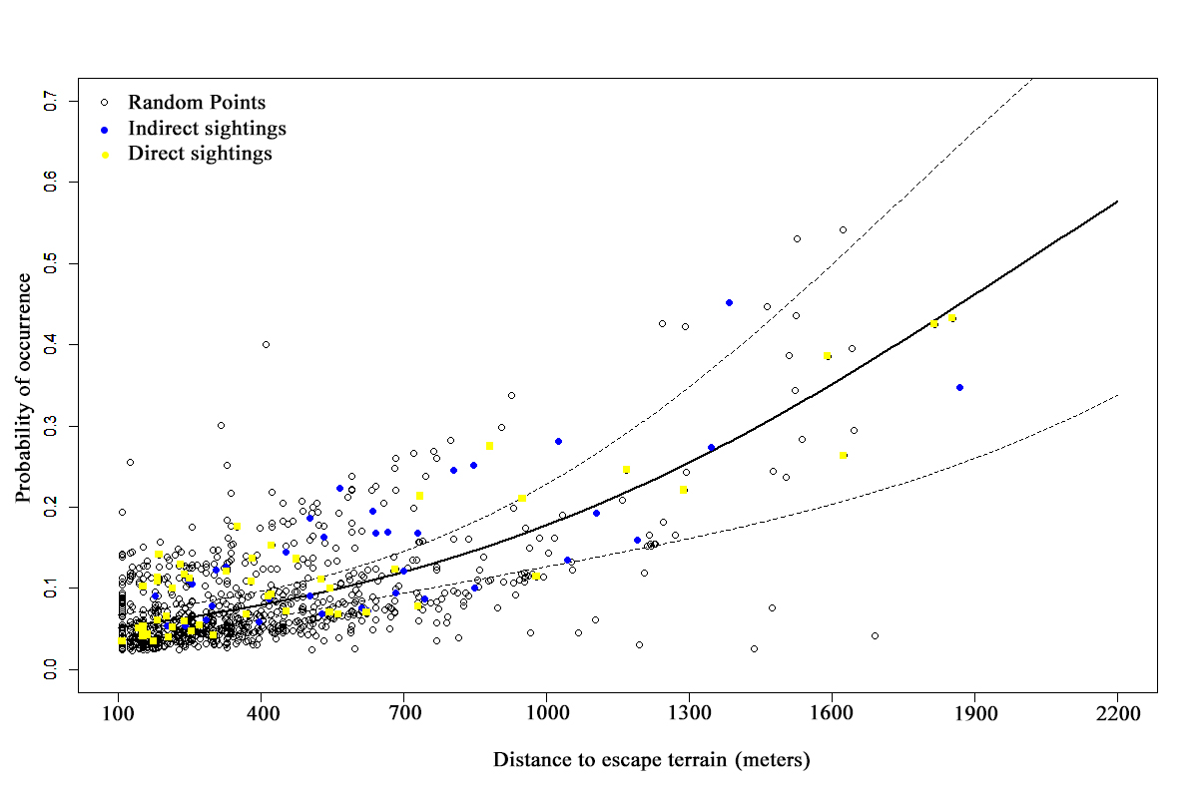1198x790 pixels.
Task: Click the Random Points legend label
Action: coord(197,102)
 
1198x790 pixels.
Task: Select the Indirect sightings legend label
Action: coord(207,128)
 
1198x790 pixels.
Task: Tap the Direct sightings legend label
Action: coord(200,154)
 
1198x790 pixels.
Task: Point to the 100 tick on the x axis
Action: coord(119,715)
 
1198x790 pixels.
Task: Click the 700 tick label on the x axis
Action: coord(689,715)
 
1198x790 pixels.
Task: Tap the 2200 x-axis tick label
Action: coord(1117,715)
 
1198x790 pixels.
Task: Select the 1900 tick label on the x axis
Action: coord(974,715)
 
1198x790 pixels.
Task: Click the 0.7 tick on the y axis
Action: coord(52,101)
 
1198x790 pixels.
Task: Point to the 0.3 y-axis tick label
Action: coord(52,426)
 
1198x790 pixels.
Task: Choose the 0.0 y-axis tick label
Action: coord(52,669)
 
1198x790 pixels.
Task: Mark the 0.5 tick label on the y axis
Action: coord(52,263)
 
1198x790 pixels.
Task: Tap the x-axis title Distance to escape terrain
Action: coord(651,760)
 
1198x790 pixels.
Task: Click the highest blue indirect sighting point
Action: coord(729,302)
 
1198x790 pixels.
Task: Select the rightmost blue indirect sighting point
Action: coord(959,387)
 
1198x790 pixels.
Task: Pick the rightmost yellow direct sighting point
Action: coord(951,318)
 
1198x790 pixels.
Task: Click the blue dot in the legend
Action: coord(104,129)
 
